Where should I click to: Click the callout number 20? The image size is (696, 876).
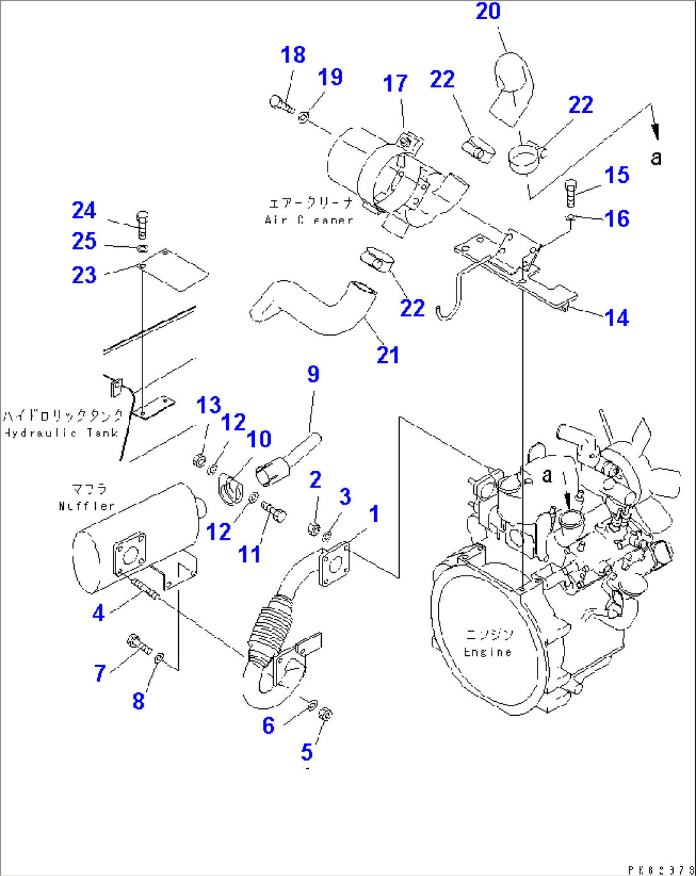tap(488, 11)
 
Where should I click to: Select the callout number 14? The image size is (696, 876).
tap(616, 318)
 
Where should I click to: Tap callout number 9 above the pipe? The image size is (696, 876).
tap(313, 375)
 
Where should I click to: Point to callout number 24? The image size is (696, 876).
tap(84, 211)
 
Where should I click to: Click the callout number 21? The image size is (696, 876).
tap(388, 355)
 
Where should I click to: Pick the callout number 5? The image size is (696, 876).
tap(306, 752)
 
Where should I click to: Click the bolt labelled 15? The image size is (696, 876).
tap(571, 193)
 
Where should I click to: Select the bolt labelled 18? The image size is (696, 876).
tap(281, 103)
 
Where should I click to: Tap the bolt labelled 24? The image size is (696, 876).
tap(142, 224)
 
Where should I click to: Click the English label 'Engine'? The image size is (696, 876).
tap(487, 652)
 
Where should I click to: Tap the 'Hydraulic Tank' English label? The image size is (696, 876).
tap(61, 433)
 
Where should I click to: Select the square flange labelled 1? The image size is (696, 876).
tap(334, 563)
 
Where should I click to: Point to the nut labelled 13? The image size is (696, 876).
tap(199, 459)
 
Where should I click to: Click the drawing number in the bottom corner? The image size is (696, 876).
tap(661, 870)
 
